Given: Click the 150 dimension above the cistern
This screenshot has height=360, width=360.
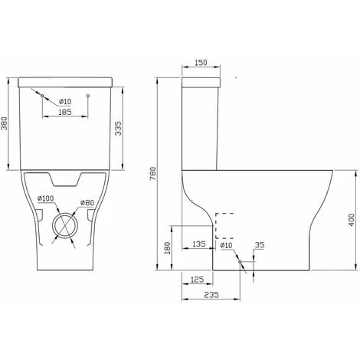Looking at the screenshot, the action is pos(201,63).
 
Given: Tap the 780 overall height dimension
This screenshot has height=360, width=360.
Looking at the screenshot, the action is pos(152,174).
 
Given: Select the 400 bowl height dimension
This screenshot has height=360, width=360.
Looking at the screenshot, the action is pos(352,220).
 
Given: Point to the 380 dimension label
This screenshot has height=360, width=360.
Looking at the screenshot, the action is pos(4,123).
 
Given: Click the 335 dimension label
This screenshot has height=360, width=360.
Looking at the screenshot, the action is pos(119,129).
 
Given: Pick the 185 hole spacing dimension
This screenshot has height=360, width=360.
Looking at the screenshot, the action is pos(65,112).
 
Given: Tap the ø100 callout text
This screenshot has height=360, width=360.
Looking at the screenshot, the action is pos(45,198).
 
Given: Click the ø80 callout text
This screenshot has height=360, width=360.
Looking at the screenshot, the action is pos(87,203).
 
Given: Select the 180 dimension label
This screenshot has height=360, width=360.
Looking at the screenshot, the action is pos(167,247).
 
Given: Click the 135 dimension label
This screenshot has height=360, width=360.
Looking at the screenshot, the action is pos(199,244).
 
